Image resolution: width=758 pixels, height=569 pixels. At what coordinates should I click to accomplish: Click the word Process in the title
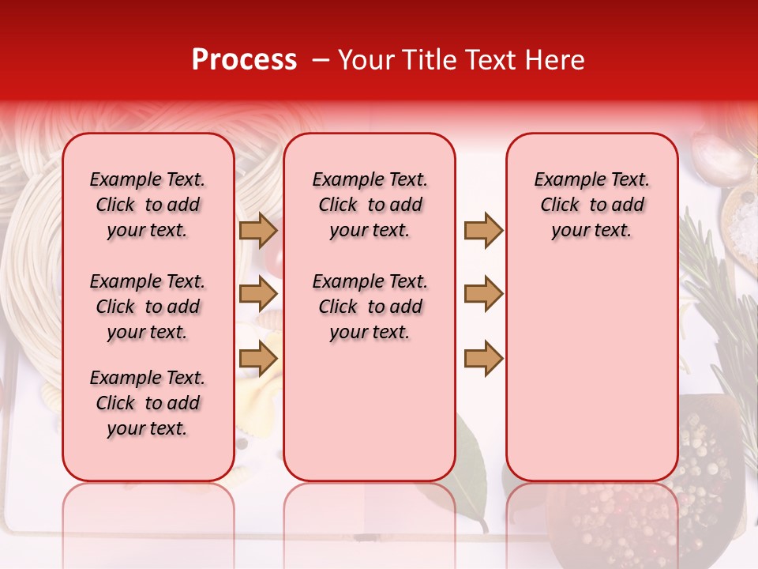pos(243,60)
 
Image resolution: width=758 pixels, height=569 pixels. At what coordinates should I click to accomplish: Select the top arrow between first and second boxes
pos(258,231)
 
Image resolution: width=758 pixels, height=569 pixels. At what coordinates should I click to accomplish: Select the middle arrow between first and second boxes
pos(258,295)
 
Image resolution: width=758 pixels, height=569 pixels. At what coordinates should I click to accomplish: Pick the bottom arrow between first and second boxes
pos(258,359)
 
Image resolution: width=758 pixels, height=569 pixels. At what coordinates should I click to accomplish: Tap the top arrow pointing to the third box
pos(483,231)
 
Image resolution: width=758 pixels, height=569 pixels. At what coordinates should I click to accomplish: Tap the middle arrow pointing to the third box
pos(483,295)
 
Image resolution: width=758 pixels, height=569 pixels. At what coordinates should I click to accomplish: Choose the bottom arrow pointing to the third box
pos(483,359)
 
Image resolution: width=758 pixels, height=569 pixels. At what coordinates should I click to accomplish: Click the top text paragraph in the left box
pos(148,205)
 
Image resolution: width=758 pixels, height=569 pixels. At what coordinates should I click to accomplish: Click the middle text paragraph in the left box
pos(148,307)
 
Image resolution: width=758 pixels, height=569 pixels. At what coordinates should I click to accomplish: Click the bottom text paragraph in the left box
pos(148,403)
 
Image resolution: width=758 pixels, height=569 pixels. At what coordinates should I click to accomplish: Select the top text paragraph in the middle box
pos(370,205)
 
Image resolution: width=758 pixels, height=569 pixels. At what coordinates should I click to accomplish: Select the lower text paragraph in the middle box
pos(370,307)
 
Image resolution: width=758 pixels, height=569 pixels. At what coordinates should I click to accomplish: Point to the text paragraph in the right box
pos(591,205)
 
